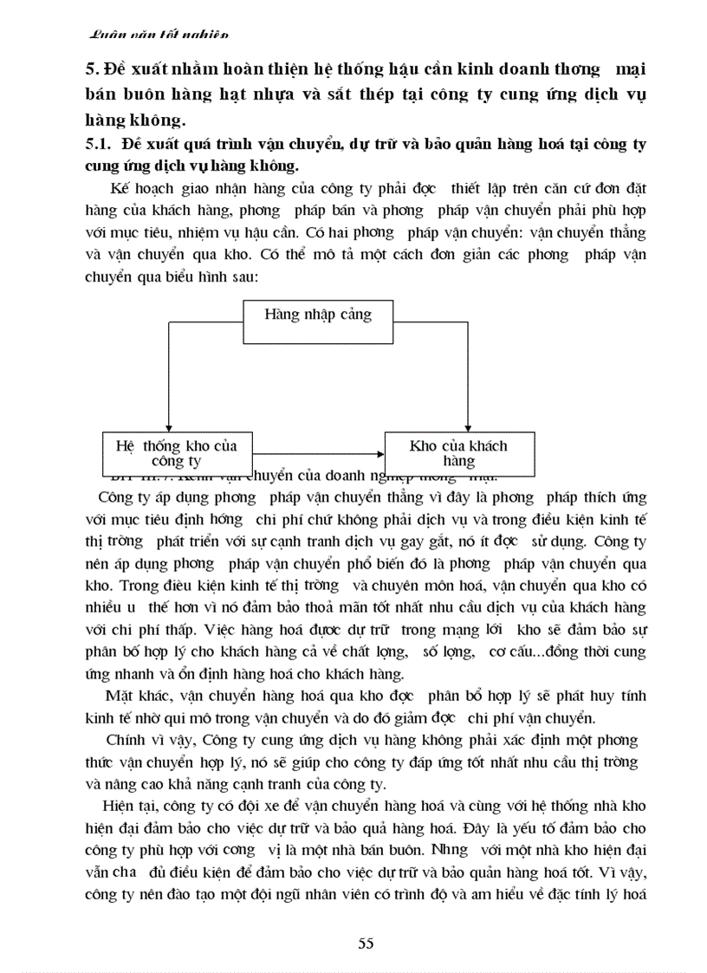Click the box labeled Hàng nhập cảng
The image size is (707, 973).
(318, 314)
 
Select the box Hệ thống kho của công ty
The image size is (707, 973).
(176, 452)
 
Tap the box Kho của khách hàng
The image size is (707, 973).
(458, 452)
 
